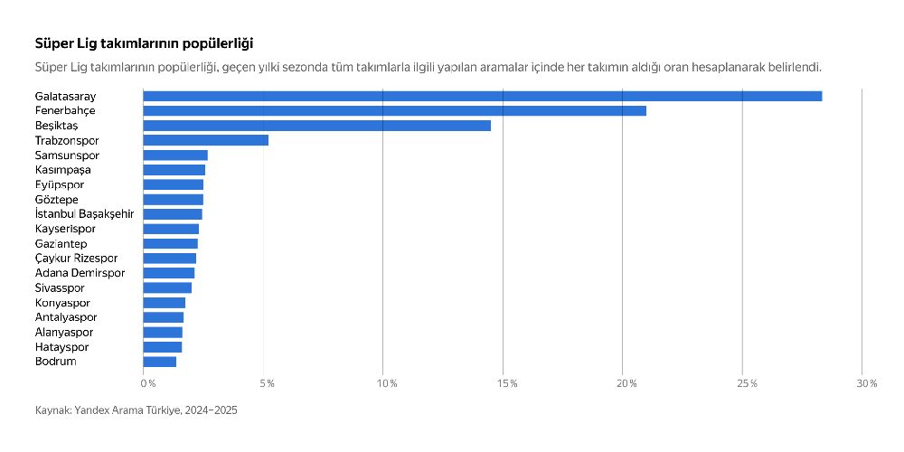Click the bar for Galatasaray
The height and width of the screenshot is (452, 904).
482,96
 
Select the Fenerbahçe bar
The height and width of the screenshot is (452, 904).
394,110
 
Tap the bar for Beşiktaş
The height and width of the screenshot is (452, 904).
316,126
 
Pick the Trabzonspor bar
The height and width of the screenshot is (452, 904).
205,140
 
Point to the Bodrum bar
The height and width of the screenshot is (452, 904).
159,362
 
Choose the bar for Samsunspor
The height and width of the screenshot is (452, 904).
174,155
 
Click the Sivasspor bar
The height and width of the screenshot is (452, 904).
167,287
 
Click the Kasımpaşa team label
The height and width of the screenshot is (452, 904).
63,170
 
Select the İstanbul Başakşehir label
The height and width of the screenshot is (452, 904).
84,214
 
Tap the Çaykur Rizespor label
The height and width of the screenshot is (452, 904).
77,259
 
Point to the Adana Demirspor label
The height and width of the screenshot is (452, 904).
80,273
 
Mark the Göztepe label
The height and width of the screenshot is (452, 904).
57,199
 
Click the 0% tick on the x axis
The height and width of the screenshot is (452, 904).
148,384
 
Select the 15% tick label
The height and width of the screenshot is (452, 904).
506,384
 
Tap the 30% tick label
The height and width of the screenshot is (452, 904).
866,384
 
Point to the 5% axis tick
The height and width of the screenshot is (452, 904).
267,384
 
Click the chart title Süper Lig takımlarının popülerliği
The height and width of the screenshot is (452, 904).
144,43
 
